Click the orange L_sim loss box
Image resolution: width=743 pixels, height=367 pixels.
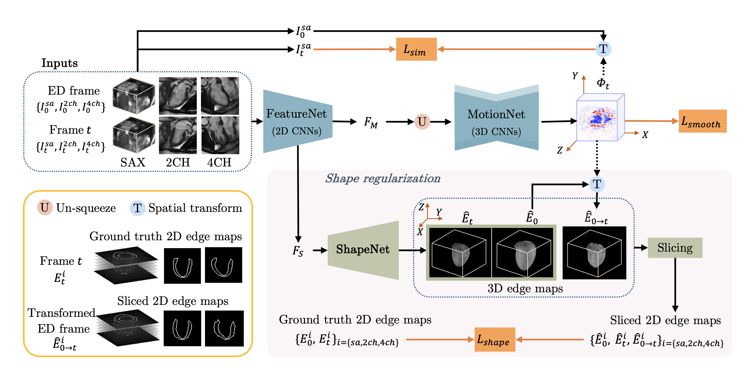(416, 49)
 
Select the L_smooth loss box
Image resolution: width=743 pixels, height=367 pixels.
(702, 121)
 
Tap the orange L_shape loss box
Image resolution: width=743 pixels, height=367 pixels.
(494, 340)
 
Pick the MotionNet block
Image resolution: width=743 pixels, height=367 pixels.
(496, 122)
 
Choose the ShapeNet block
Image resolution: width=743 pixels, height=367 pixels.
(363, 250)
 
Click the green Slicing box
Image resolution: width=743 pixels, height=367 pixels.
(675, 248)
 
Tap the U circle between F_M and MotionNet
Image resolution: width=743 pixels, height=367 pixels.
(422, 122)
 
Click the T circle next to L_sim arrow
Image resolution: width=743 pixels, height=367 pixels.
(603, 49)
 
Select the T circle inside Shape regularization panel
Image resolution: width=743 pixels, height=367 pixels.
(597, 184)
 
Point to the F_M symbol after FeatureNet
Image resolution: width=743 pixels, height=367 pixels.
(371, 122)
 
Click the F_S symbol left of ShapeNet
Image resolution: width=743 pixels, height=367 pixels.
(298, 251)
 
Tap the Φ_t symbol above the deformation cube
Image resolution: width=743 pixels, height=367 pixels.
(603, 83)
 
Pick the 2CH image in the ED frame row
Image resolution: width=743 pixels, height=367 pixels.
(178, 96)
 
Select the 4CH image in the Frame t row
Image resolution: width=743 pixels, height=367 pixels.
(220, 135)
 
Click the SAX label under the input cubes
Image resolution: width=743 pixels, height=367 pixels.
(133, 162)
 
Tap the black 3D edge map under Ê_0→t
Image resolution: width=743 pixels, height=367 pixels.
(594, 253)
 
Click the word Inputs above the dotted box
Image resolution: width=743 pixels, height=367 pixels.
(60, 63)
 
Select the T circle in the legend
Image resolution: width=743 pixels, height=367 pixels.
(137, 208)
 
